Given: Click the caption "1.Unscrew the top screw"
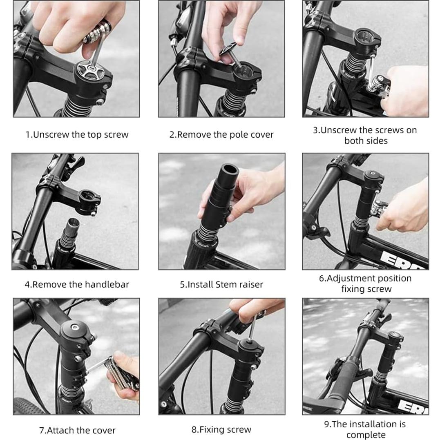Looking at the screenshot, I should [77, 134].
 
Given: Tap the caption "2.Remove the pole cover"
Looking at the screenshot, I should [221, 134].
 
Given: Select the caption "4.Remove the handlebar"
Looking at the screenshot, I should [77, 284].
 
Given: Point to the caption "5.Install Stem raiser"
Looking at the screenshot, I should [221, 284].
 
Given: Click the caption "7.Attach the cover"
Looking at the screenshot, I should [77, 430].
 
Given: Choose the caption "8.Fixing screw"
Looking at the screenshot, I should [221, 429].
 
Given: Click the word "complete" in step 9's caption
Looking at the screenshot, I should [366, 435].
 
